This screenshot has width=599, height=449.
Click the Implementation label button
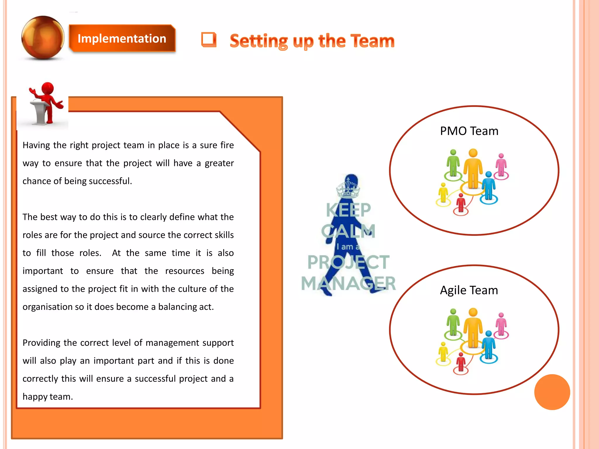tap(122, 39)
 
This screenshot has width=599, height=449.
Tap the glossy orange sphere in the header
tap(43, 38)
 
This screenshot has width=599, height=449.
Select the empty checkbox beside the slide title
tap(209, 39)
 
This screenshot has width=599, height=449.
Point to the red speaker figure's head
tap(48, 88)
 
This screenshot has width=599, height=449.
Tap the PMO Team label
tap(469, 131)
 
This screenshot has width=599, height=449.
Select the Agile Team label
tap(469, 290)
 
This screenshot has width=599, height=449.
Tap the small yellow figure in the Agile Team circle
tap(443, 352)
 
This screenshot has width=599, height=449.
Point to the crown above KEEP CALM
tap(348, 187)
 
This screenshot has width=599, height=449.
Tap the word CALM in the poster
tap(348, 231)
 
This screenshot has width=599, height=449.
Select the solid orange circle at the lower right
tap(552, 392)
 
